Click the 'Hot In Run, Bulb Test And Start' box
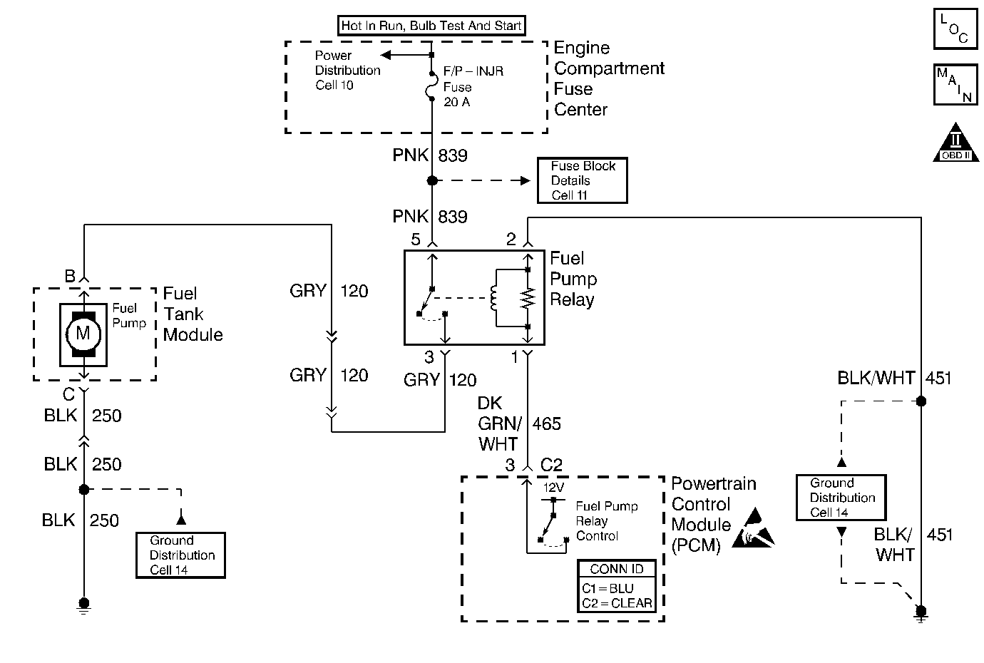[x=431, y=26]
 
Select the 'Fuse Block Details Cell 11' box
[x=583, y=180]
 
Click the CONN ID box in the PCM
[x=617, y=586]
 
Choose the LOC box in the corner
[x=955, y=29]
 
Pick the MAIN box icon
[x=955, y=85]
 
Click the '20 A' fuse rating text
[x=456, y=102]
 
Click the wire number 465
[x=547, y=424]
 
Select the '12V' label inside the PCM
[x=554, y=488]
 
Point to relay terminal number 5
[x=416, y=240]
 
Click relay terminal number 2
[x=511, y=240]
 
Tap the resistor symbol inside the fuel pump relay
[x=528, y=298]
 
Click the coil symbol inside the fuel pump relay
[x=493, y=298]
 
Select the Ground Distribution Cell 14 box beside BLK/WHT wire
[x=841, y=498]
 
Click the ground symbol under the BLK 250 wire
[x=84, y=605]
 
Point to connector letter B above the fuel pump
[x=70, y=276]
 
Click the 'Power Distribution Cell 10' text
[x=347, y=71]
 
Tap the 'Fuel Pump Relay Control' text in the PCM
[x=606, y=521]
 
